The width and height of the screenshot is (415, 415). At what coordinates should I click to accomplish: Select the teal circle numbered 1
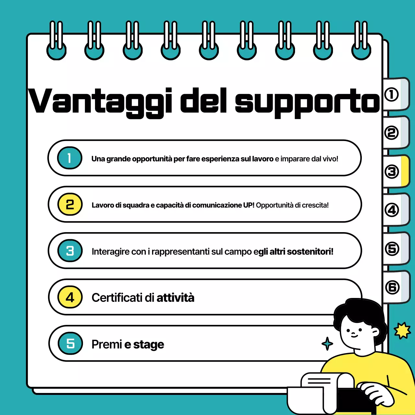pyautogui.click(x=69, y=158)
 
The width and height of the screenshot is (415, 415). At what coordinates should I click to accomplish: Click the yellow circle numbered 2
pyautogui.click(x=70, y=205)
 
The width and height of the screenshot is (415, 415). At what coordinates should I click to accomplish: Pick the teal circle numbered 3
pyautogui.click(x=70, y=251)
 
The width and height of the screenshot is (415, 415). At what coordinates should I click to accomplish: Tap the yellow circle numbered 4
pyautogui.click(x=70, y=297)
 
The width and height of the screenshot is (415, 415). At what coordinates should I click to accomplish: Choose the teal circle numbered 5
pyautogui.click(x=70, y=343)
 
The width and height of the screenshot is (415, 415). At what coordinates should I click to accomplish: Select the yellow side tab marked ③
pyautogui.click(x=396, y=172)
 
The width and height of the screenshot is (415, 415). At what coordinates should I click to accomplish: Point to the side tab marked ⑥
pyautogui.click(x=396, y=287)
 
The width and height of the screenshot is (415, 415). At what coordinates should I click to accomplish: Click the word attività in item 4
pyautogui.click(x=175, y=298)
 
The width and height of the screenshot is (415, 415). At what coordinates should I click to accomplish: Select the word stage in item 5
pyautogui.click(x=148, y=344)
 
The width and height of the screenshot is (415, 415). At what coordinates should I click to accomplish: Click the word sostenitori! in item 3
pyautogui.click(x=310, y=252)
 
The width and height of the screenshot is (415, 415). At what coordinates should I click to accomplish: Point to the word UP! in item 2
pyautogui.click(x=249, y=205)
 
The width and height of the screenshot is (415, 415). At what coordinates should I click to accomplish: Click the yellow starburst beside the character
pyautogui.click(x=402, y=331)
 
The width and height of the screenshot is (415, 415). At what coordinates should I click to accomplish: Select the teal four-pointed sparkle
pyautogui.click(x=327, y=344)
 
